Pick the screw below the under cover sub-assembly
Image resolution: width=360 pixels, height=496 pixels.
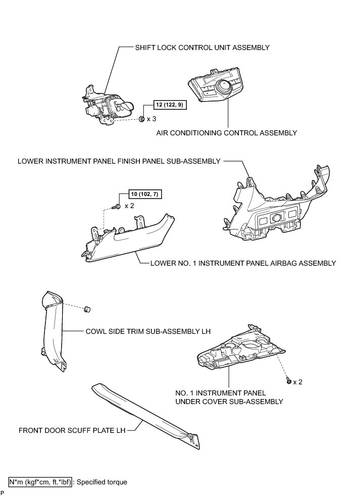(288, 381)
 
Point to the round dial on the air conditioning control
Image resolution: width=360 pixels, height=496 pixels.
(222, 90)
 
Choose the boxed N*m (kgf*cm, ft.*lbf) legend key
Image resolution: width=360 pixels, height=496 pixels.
(40, 482)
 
